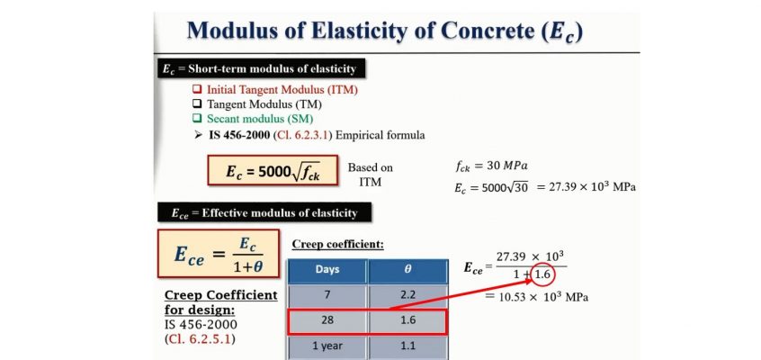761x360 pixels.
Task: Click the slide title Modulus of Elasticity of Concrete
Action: (384, 31)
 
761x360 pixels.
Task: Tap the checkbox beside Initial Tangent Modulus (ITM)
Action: (197, 89)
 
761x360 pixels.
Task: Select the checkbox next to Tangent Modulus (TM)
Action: (197, 104)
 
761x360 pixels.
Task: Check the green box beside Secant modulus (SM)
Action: (197, 119)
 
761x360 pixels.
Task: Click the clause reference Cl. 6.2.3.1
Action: (304, 135)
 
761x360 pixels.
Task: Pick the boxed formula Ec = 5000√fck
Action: (273, 170)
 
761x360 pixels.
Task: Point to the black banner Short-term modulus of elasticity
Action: (261, 69)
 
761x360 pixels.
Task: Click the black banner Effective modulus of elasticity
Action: (264, 212)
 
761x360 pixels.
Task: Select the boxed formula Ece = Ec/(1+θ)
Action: (219, 254)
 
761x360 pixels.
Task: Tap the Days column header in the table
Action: (327, 270)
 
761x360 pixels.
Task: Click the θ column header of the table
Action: (407, 270)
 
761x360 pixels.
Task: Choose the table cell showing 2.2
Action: (407, 295)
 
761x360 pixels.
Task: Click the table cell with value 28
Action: (327, 321)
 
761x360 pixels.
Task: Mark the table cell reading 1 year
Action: (327, 346)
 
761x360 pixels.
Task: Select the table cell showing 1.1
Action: (407, 346)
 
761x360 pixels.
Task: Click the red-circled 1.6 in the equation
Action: (542, 275)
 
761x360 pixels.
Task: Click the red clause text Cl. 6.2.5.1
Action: (200, 339)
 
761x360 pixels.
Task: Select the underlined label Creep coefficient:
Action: (338, 245)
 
